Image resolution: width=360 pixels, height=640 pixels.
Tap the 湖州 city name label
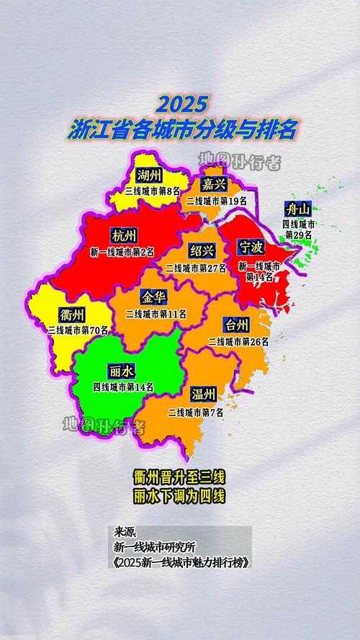(150, 176)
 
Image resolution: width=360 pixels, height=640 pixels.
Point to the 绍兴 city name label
(202, 251)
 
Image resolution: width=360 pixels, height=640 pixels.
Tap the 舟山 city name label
(298, 209)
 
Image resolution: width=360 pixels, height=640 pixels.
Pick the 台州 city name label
(238, 325)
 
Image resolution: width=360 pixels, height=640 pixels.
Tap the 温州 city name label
(203, 395)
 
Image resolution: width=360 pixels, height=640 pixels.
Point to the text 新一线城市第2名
(122, 252)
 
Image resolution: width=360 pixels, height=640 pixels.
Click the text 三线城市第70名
(78, 330)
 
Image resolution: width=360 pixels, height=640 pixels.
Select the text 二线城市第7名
(195, 413)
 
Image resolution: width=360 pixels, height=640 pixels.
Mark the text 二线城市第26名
(238, 341)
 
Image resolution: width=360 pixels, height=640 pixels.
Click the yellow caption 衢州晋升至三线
(180, 477)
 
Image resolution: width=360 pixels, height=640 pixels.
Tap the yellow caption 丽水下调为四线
(180, 497)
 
